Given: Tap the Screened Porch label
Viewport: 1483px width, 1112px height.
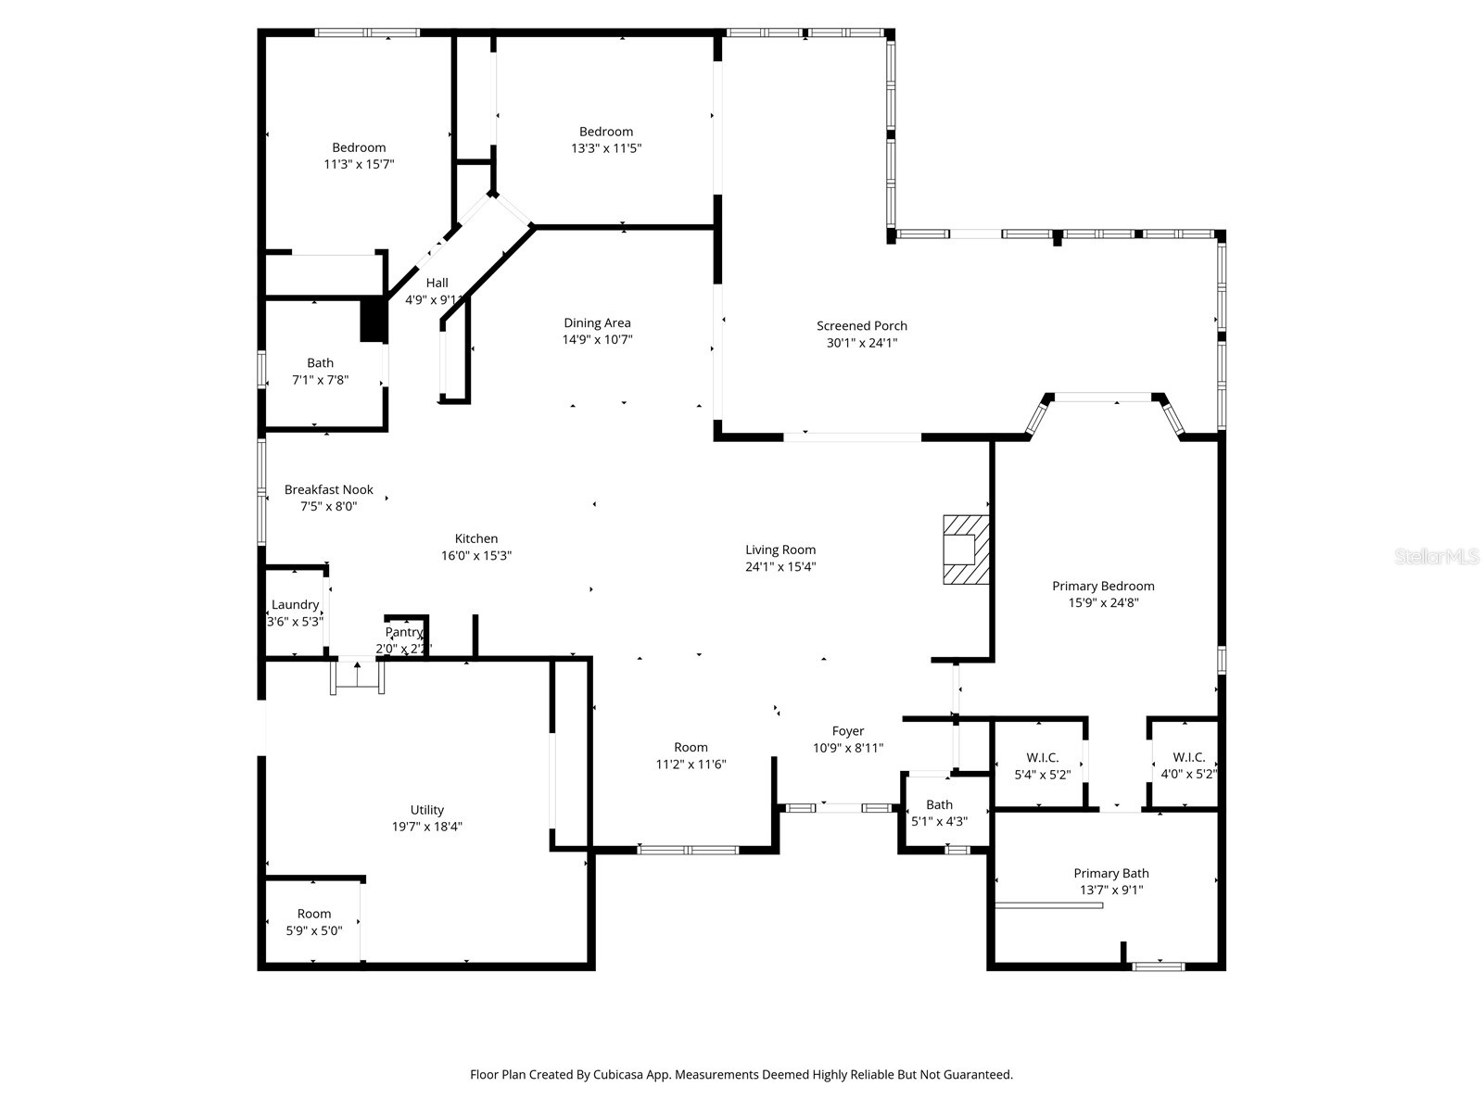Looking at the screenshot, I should tap(861, 326).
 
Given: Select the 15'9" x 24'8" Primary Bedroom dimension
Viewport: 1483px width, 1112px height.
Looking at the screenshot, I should tap(1103, 602).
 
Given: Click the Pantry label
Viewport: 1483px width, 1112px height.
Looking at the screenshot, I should tap(404, 632).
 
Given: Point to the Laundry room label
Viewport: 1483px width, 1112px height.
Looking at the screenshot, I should tap(295, 605).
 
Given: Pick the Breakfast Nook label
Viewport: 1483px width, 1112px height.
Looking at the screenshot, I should tap(328, 489).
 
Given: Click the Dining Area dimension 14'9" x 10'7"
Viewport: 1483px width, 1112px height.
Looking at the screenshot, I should tap(597, 340).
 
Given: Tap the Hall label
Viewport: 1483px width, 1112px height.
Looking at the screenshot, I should tap(437, 283).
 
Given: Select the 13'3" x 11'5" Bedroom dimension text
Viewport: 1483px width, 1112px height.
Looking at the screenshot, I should tap(606, 148).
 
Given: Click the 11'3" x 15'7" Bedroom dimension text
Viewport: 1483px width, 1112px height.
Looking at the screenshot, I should tap(359, 164).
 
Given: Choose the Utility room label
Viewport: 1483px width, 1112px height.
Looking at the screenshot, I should tap(427, 810).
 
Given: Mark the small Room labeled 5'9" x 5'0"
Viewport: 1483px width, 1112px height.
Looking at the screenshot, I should tap(314, 922).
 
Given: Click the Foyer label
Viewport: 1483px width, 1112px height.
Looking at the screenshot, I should tap(847, 731).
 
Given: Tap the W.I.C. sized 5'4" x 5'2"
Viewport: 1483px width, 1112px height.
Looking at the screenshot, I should tap(1042, 765).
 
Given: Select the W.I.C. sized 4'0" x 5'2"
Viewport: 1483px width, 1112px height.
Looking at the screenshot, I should tap(1188, 765).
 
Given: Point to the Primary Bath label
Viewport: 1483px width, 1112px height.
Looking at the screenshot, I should tap(1110, 873).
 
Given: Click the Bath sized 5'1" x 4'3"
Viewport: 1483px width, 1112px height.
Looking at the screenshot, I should tap(939, 813).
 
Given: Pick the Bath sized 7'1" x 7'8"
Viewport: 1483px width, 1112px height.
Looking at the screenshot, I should tap(320, 371).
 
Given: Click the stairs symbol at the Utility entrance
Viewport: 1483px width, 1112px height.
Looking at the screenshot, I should tap(358, 676).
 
